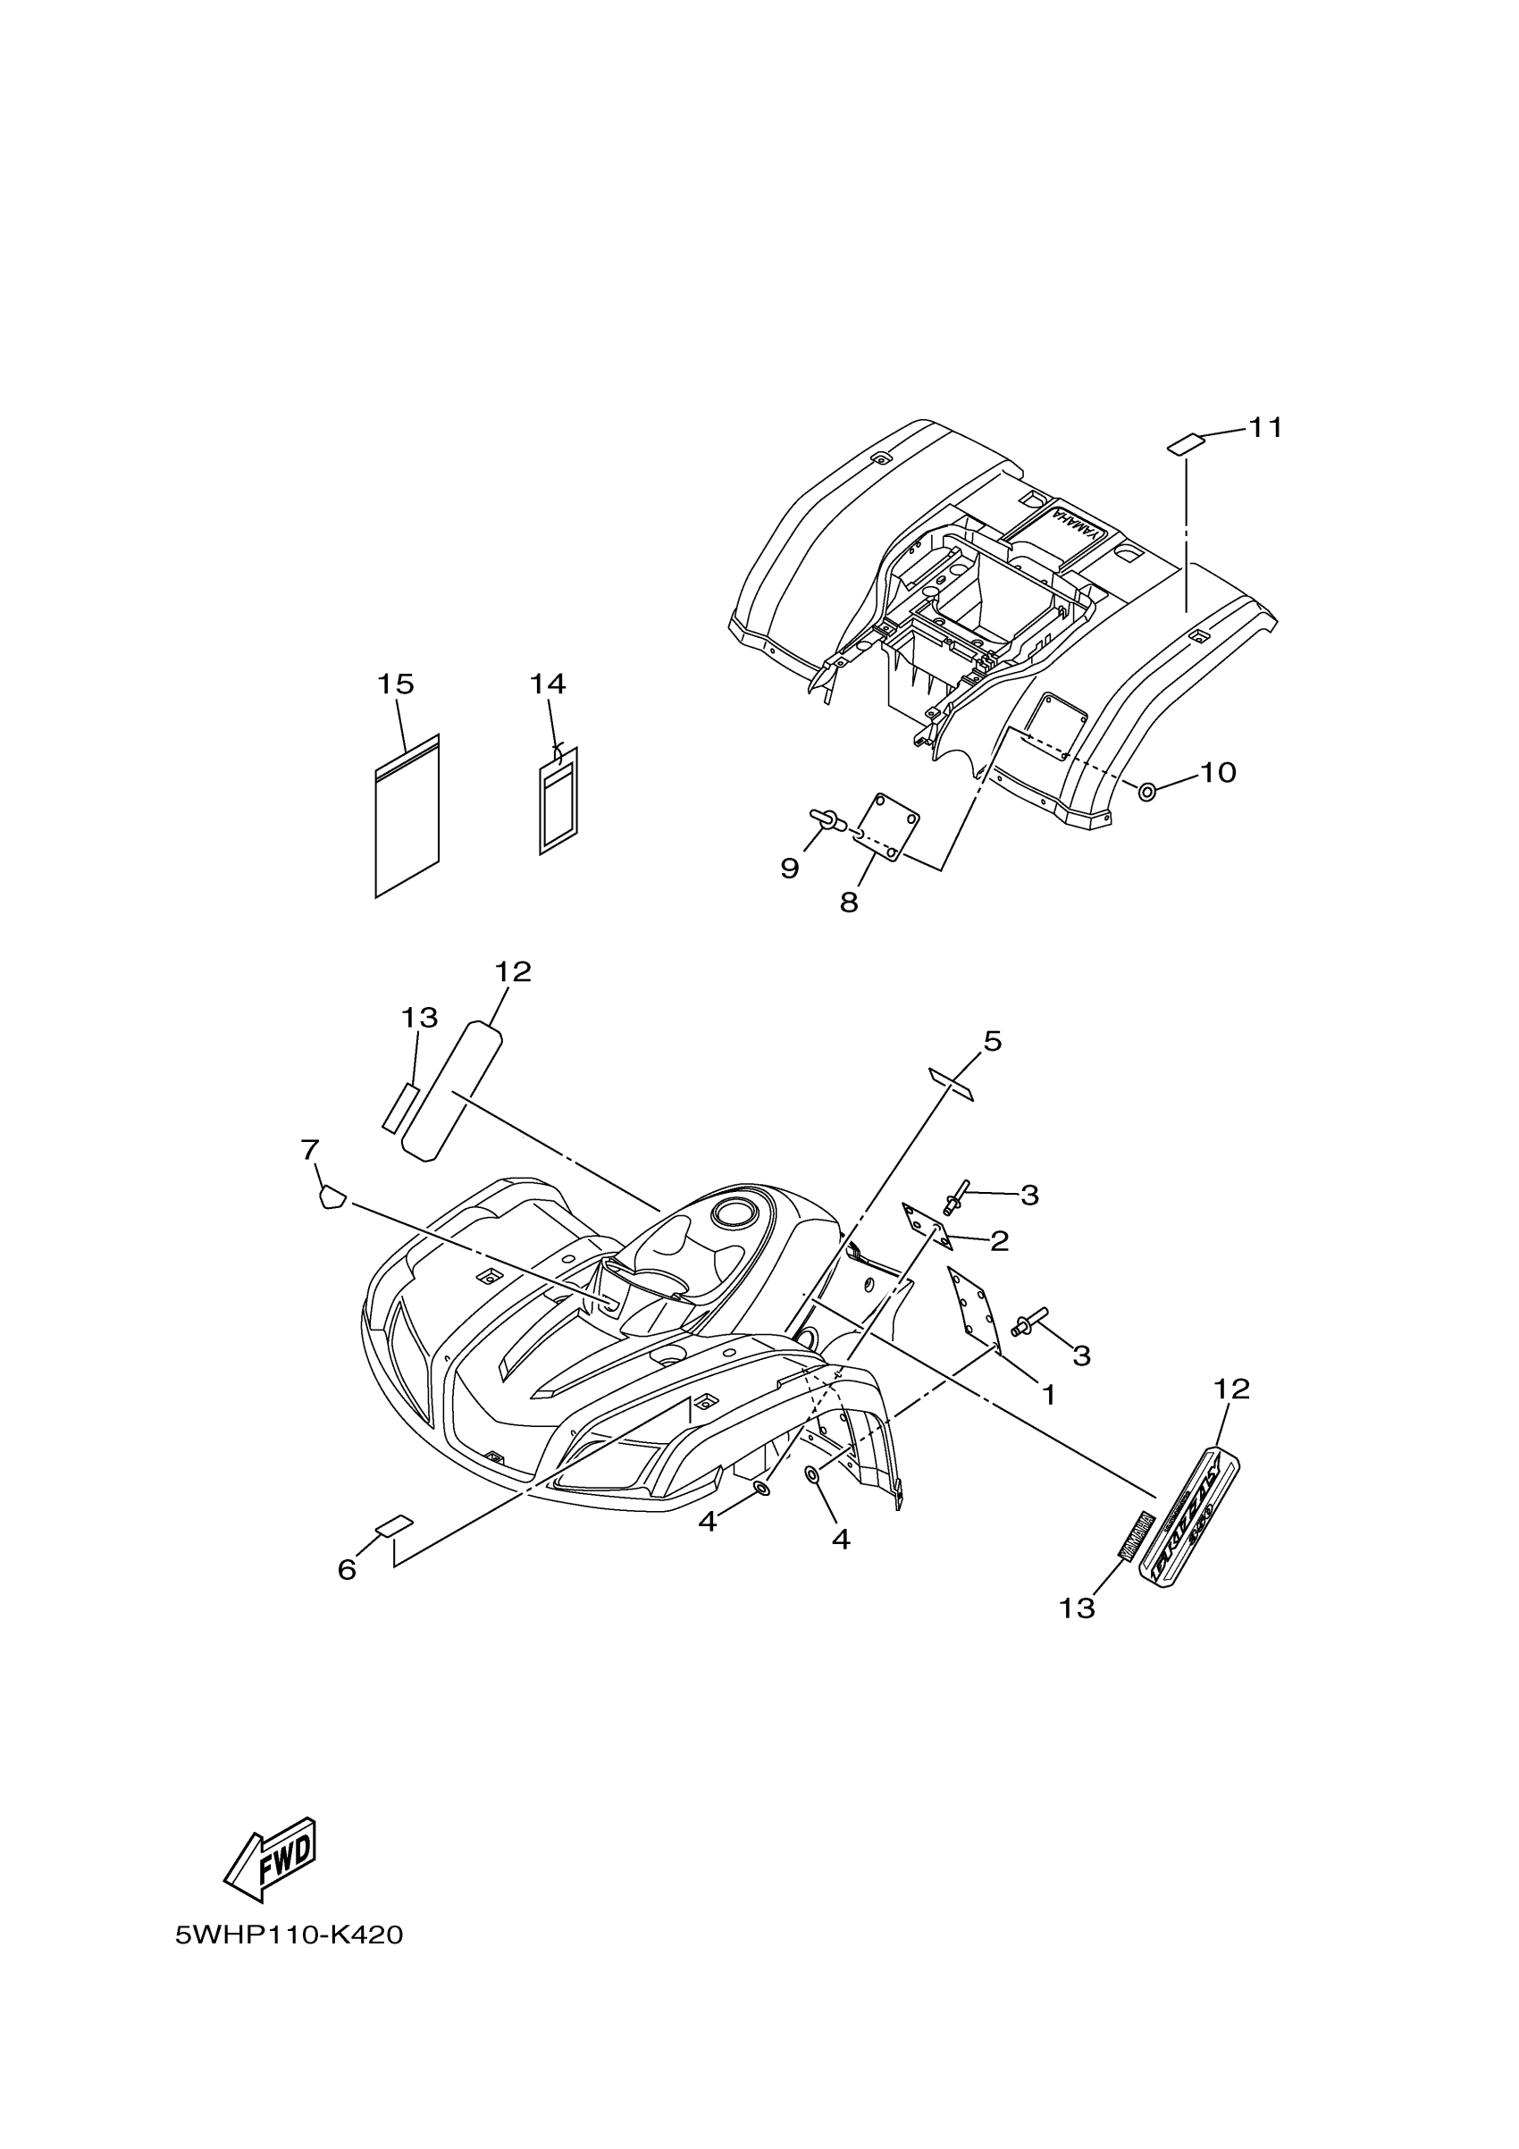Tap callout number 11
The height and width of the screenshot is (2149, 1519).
tap(1265, 428)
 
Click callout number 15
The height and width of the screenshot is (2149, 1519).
tap(395, 684)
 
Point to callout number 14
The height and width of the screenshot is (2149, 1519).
tap(548, 684)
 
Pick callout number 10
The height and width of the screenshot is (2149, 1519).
tap(1218, 772)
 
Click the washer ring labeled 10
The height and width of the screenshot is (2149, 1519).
tap(1146, 792)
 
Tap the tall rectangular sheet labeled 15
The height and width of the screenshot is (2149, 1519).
tap(407, 816)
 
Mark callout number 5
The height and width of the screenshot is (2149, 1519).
tap(992, 1041)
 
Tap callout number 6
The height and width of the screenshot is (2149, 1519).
tap(348, 1570)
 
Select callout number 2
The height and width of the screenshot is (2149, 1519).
tap(999, 1241)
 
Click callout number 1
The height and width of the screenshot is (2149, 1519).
tap(1048, 1395)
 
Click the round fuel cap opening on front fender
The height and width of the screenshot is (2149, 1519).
tap(734, 1215)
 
